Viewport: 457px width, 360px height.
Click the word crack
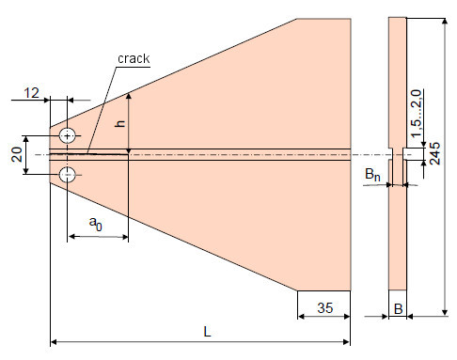[134, 58]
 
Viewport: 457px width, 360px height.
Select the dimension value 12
[32, 93]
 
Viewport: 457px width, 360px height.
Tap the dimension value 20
[17, 154]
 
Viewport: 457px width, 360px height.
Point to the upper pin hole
[67, 135]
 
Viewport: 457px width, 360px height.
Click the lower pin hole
[68, 175]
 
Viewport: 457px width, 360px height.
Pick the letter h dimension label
[120, 123]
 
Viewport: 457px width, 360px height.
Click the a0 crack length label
[96, 223]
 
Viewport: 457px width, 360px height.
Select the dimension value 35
[324, 307]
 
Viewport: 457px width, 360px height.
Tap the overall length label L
[207, 332]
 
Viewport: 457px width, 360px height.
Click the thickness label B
[398, 309]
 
